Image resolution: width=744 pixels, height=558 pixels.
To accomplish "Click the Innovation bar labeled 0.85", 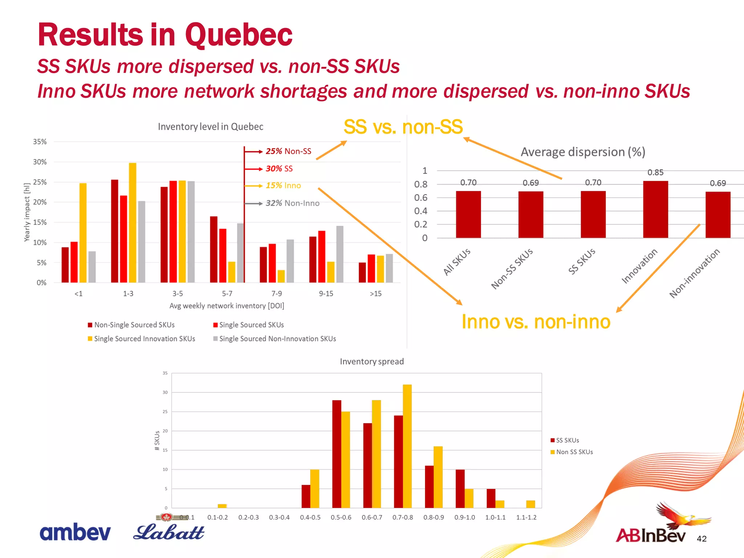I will coord(655,210).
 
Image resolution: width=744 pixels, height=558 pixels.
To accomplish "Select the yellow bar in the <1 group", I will coord(83,232).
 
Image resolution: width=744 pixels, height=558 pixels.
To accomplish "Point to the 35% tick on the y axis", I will coord(40,142).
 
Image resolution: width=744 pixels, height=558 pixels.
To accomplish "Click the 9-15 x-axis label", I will coord(326,294).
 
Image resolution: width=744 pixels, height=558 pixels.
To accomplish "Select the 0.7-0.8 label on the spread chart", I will coord(403,517).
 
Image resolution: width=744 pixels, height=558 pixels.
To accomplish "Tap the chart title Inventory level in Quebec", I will coord(210,127).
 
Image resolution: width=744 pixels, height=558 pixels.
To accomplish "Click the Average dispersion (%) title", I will coord(583,152).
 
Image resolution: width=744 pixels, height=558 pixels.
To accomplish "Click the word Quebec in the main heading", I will coord(238,35).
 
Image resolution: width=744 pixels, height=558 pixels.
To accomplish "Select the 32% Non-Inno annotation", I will coord(292,203).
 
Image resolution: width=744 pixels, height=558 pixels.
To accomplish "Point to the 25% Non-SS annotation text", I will coord(288,151).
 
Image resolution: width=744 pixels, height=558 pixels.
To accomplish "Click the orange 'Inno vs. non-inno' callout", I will coord(536,322).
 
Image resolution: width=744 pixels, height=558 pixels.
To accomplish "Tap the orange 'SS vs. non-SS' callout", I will coord(403,127).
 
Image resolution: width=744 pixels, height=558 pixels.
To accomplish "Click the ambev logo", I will coord(75,533).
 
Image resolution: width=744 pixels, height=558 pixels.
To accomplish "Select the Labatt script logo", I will coord(169,533).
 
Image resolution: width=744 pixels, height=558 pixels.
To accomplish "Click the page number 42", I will coord(701,539).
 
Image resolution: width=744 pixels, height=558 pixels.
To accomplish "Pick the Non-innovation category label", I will coord(694,273).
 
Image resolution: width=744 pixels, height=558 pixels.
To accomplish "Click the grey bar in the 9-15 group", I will coord(340,254).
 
